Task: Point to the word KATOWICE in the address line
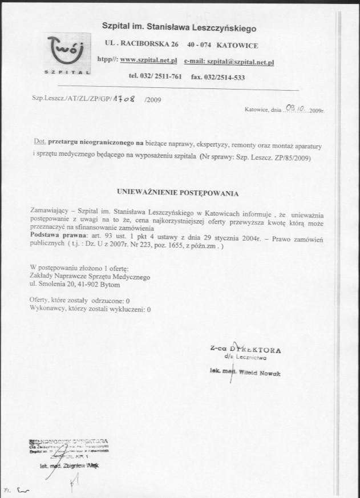coord(238,44)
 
